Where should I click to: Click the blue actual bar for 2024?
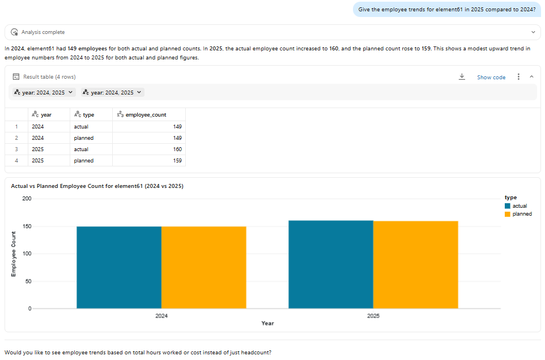point(119,267)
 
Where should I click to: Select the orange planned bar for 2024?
point(203,267)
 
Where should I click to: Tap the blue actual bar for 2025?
point(331,264)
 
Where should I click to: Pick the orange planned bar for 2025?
point(415,264)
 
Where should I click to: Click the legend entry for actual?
point(519,206)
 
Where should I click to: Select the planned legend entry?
point(521,214)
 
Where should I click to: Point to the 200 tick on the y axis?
point(27,199)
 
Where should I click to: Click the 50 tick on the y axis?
point(28,281)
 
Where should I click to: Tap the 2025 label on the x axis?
point(373,315)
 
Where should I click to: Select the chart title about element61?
point(97,186)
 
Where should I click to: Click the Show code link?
point(491,77)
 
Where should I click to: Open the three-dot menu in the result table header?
point(518,77)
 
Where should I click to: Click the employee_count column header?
point(145,114)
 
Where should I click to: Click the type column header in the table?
point(88,114)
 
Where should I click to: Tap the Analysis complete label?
point(43,32)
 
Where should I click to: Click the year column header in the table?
point(46,114)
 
